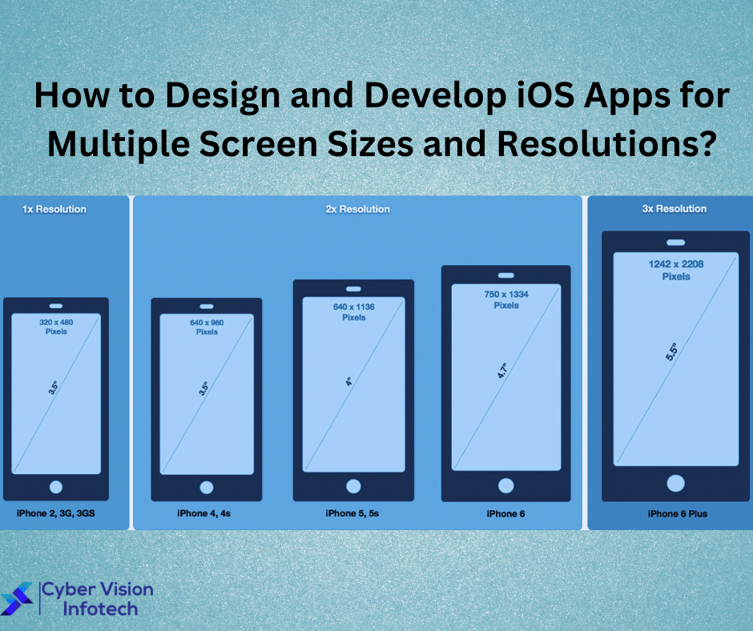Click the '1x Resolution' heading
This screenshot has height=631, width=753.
click(x=54, y=209)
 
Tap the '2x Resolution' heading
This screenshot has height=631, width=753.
click(x=357, y=209)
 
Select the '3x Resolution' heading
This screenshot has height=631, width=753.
click(x=674, y=209)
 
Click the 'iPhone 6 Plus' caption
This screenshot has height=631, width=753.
click(x=678, y=513)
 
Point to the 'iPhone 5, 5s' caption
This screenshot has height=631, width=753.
click(x=352, y=513)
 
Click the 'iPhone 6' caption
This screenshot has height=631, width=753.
click(x=505, y=513)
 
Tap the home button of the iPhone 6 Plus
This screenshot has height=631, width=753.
click(x=675, y=483)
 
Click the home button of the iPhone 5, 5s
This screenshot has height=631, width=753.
click(x=353, y=485)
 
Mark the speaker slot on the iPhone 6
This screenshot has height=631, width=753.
click(x=505, y=276)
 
